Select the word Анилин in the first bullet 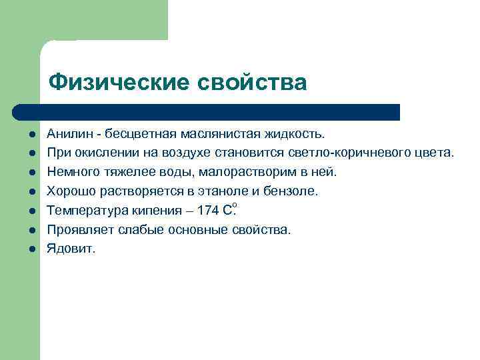[x=66, y=134]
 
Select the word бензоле [x=293, y=191]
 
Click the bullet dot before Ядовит [x=31, y=249]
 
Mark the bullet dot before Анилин [x=31, y=135]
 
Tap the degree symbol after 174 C [x=234, y=206]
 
